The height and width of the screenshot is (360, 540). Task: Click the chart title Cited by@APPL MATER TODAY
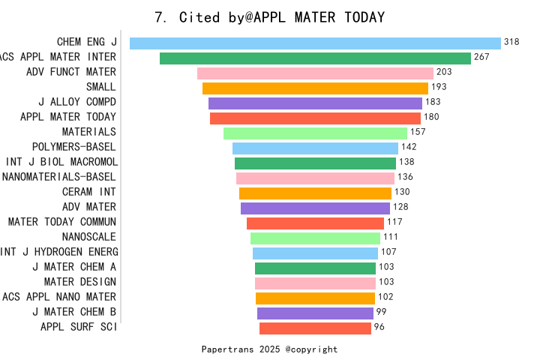[269, 17]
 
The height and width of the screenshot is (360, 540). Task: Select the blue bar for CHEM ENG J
[315, 43]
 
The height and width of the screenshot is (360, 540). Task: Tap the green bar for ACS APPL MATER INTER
[315, 58]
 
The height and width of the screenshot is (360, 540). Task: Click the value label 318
[511, 43]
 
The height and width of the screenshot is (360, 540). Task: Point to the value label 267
[481, 58]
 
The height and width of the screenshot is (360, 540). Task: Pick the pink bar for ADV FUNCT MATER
[315, 73]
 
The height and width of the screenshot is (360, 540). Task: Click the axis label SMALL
[101, 87]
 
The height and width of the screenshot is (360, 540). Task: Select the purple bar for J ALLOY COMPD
[315, 103]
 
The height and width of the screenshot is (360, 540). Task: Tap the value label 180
[431, 117]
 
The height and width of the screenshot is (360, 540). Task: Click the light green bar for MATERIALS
[315, 133]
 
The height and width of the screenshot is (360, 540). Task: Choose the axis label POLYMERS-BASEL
[74, 147]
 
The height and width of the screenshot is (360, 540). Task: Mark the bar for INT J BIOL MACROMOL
[315, 163]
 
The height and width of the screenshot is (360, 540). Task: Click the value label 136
[405, 178]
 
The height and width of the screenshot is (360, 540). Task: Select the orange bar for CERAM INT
[315, 193]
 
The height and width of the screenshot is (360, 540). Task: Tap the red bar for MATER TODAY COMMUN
[315, 223]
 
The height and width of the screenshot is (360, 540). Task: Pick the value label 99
[381, 312]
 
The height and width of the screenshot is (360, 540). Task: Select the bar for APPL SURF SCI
[315, 328]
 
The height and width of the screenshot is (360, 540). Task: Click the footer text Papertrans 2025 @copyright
[269, 349]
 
